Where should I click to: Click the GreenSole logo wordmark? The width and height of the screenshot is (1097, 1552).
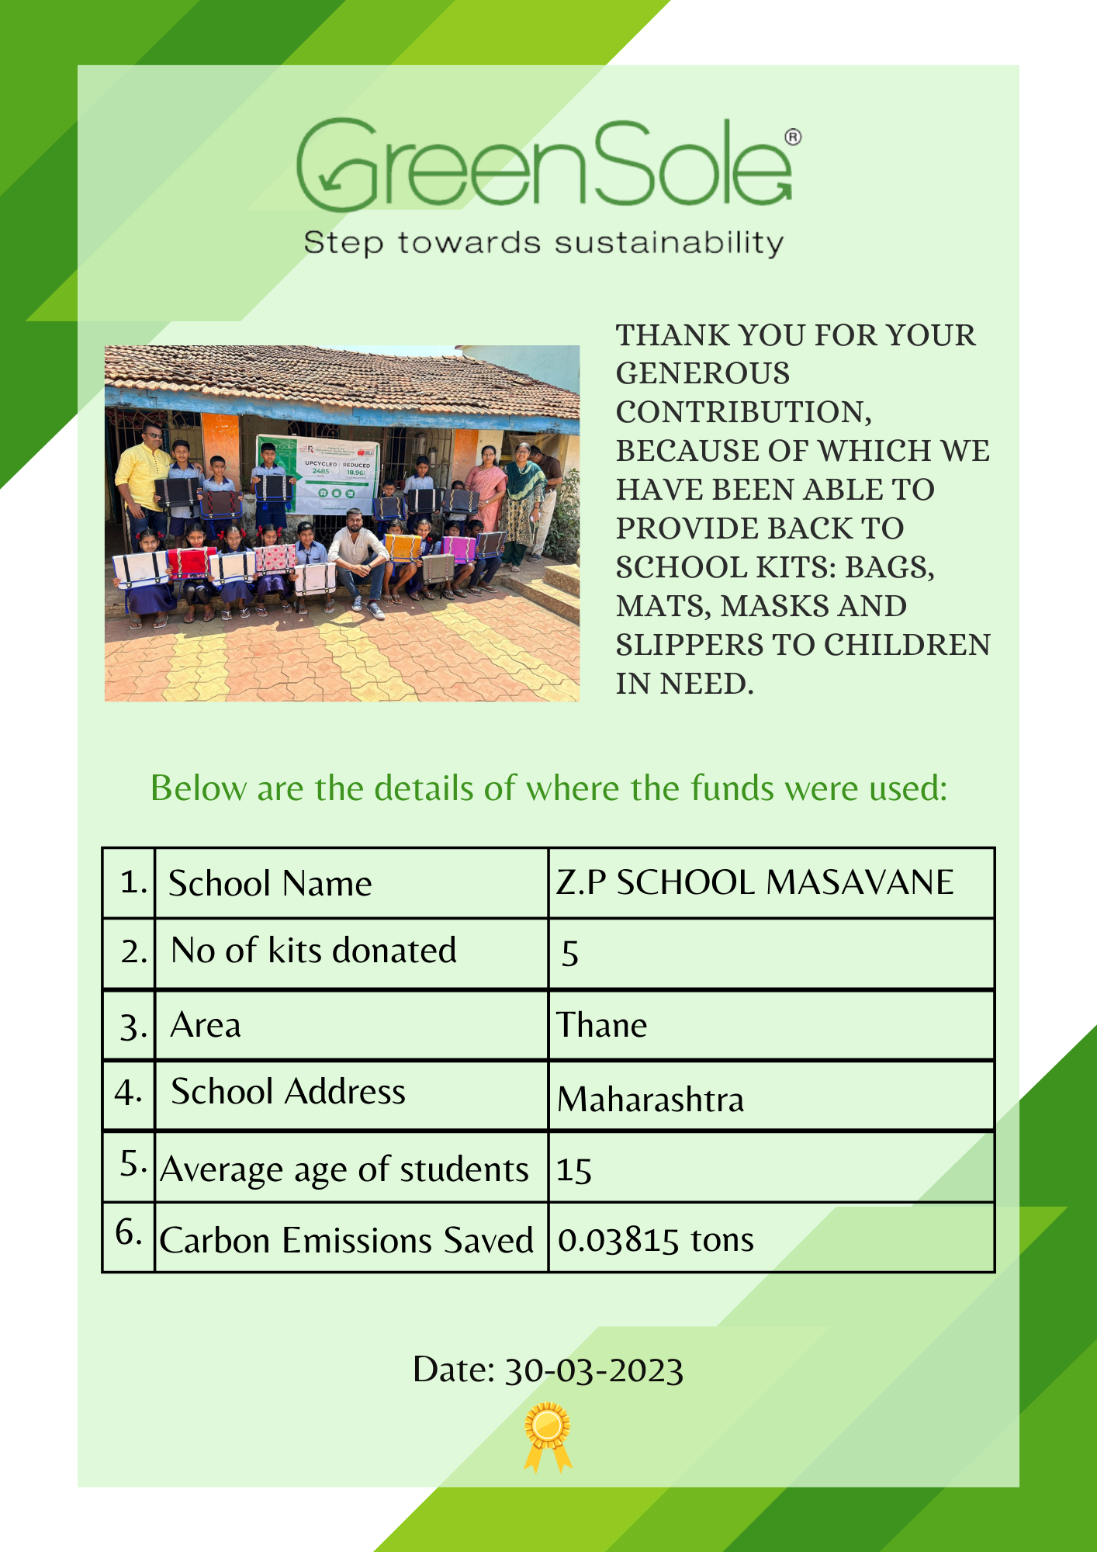(543, 165)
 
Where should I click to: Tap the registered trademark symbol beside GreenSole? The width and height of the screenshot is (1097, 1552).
(792, 137)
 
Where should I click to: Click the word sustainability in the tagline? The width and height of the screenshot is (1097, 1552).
(669, 244)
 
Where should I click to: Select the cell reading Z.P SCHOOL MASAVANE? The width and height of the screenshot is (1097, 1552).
(754, 882)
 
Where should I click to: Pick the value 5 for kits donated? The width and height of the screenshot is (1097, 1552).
(570, 954)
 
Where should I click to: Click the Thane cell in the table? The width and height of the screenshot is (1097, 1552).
(602, 1025)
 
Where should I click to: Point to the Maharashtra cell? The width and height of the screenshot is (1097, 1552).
(650, 1099)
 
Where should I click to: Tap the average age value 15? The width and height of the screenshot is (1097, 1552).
(574, 1170)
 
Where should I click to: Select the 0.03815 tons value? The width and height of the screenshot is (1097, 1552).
(656, 1240)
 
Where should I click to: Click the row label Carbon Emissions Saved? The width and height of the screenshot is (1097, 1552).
(346, 1240)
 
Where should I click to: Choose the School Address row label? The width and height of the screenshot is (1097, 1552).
(288, 1092)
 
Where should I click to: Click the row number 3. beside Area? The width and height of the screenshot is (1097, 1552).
(133, 1027)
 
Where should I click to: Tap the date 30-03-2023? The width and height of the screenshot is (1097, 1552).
(593, 1370)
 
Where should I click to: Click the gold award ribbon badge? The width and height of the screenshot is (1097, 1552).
(548, 1436)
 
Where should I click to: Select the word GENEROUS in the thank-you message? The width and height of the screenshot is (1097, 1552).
(703, 374)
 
